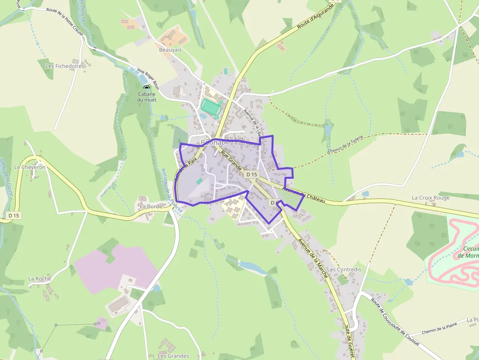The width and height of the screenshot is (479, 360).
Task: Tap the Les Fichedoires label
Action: tap(65, 66)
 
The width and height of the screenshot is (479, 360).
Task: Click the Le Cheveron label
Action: tap(30, 167)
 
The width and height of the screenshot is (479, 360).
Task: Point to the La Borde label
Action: tap(151, 206)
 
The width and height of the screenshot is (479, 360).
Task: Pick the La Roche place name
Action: tap(40, 279)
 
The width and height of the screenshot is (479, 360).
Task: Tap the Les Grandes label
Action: tap(173, 356)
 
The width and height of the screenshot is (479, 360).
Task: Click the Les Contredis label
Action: tap(344, 269)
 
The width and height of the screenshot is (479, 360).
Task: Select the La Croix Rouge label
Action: tap(430, 198)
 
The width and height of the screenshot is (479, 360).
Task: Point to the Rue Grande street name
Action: tap(232, 161)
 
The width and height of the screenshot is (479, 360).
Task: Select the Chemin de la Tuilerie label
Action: tap(347, 147)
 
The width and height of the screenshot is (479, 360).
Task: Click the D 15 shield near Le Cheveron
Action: tap(14, 215)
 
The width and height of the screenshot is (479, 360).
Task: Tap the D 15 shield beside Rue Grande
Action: tap(252, 174)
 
